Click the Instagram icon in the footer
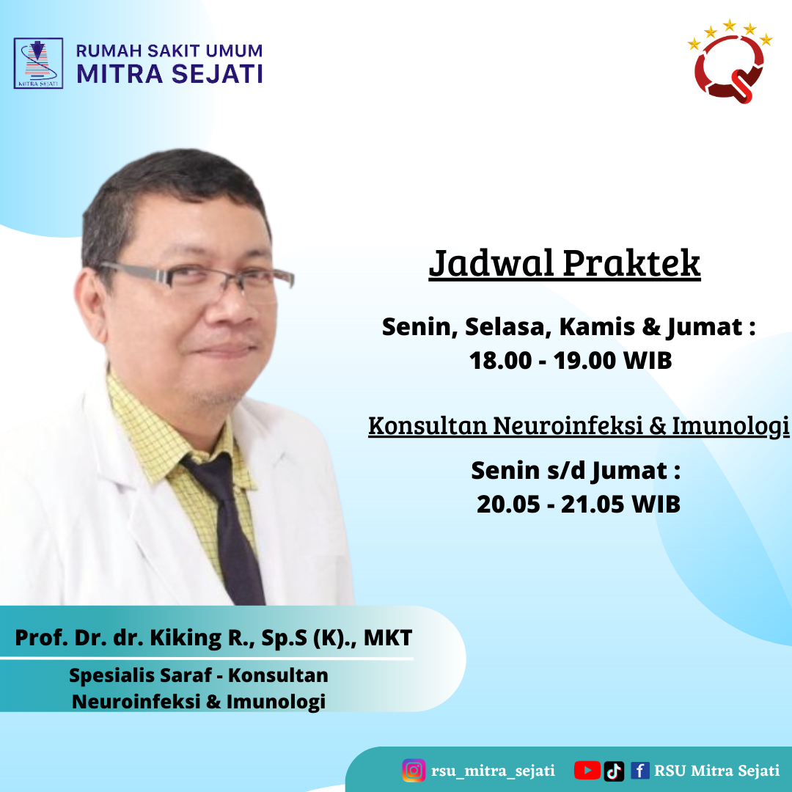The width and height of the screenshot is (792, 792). (414, 770)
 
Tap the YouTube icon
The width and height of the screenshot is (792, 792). (587, 771)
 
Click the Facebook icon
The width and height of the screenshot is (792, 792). (640, 771)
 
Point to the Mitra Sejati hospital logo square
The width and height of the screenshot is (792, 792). (38, 64)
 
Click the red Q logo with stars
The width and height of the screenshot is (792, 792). (730, 62)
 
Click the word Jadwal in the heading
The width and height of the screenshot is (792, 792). (491, 263)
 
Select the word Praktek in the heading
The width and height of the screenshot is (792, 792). (631, 263)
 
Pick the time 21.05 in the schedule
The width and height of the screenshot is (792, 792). (593, 504)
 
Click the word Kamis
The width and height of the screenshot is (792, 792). (597, 327)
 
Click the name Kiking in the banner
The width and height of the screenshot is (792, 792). (186, 638)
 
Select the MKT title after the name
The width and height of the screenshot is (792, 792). (388, 638)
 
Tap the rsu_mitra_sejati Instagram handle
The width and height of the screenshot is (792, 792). (493, 771)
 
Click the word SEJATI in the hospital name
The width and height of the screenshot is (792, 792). (217, 74)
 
